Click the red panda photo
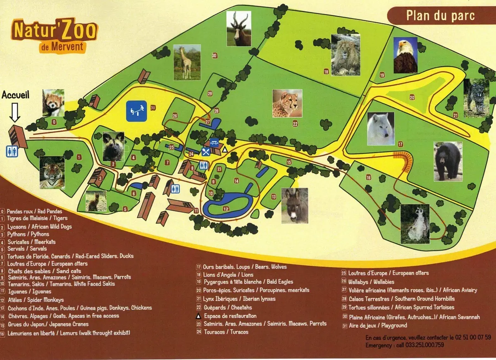point(53,103)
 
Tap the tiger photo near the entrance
point(52,172)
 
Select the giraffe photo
point(187,62)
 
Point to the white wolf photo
point(381,129)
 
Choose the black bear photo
point(448,161)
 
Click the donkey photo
point(295,205)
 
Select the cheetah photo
point(287,103)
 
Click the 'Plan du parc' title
point(440,16)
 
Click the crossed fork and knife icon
point(205,151)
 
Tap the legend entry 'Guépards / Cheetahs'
point(227,308)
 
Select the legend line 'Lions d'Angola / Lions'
point(228,275)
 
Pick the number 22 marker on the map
point(295,123)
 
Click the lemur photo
point(415,224)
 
